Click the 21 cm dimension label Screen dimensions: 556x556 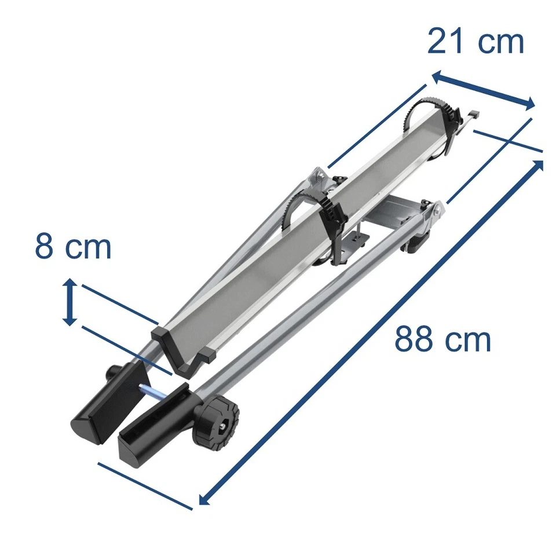(475, 42)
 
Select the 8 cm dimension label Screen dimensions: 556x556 (73, 247)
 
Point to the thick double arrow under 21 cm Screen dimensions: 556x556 (483, 90)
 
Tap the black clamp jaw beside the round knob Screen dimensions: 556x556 (153, 420)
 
